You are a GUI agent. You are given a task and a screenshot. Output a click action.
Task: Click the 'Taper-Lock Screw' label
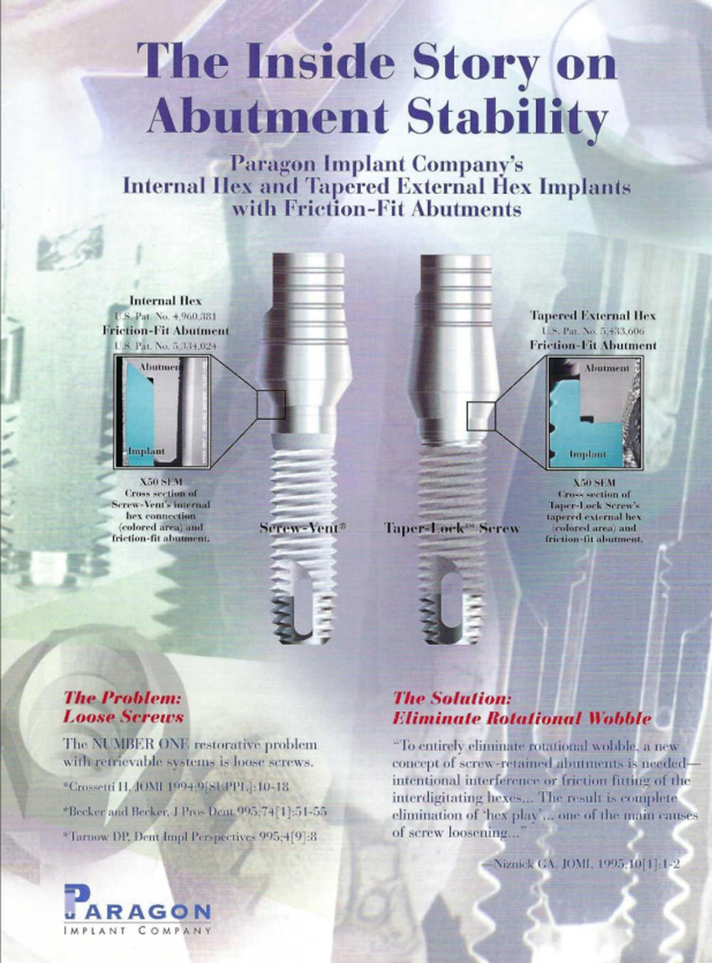[452, 529]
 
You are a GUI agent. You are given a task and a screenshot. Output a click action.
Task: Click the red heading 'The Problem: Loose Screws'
[123, 707]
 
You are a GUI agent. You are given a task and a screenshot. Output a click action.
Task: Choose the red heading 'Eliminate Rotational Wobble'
[522, 718]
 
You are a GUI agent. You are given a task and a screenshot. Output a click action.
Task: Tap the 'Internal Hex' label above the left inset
[165, 301]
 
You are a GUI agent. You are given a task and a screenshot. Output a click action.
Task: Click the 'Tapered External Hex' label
[592, 316]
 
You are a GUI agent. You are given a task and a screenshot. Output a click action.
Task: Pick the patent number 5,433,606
[592, 330]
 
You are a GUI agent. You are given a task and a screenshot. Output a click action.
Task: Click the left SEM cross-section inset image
[162, 412]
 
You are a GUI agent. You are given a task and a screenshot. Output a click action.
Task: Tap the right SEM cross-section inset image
[593, 412]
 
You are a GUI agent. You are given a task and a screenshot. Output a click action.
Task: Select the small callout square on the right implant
[481, 415]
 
